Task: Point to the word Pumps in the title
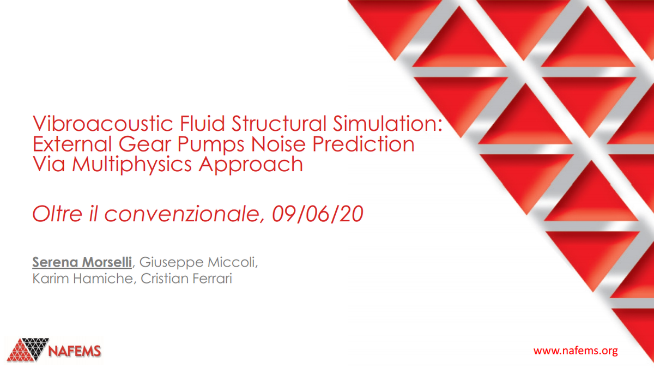(207, 144)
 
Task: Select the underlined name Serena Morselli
(82, 262)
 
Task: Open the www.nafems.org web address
(576, 351)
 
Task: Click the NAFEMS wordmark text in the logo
(75, 351)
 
